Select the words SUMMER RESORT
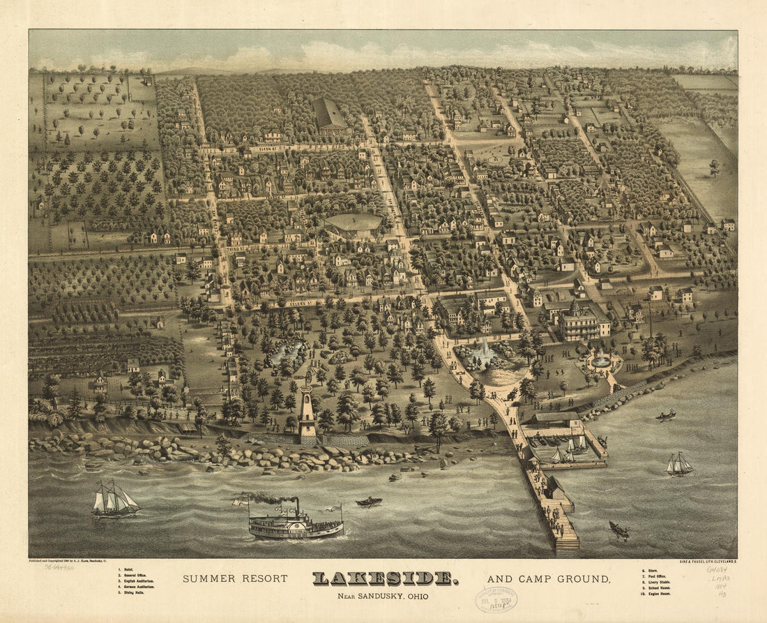(x=235, y=579)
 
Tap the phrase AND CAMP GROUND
(x=549, y=579)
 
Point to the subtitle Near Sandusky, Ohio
(x=383, y=596)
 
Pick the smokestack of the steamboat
(x=296, y=506)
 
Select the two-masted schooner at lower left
(x=115, y=501)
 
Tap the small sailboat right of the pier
(x=679, y=465)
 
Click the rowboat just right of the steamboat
(x=369, y=502)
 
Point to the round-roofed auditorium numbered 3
(x=354, y=225)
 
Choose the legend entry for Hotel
(x=129, y=571)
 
